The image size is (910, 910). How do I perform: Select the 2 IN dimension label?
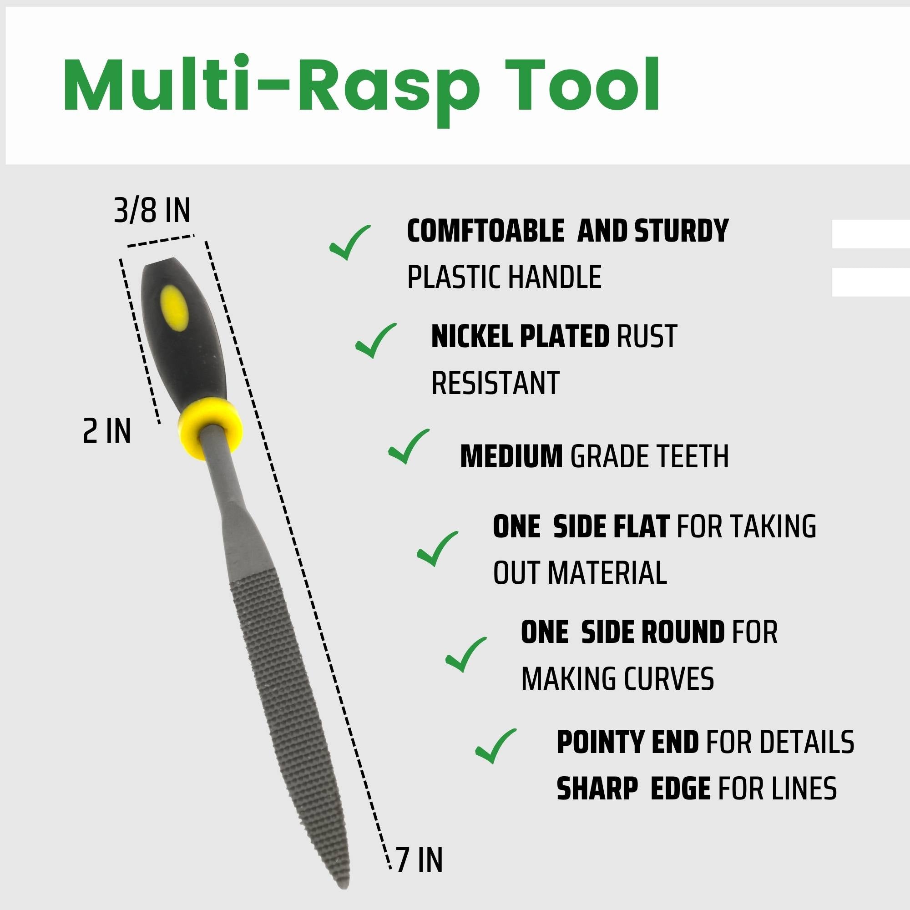106,431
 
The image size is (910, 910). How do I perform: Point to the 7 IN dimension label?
419,860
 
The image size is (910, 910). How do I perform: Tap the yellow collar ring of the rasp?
210,428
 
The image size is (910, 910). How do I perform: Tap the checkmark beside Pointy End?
495,746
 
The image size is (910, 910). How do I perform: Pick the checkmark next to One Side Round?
466,654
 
